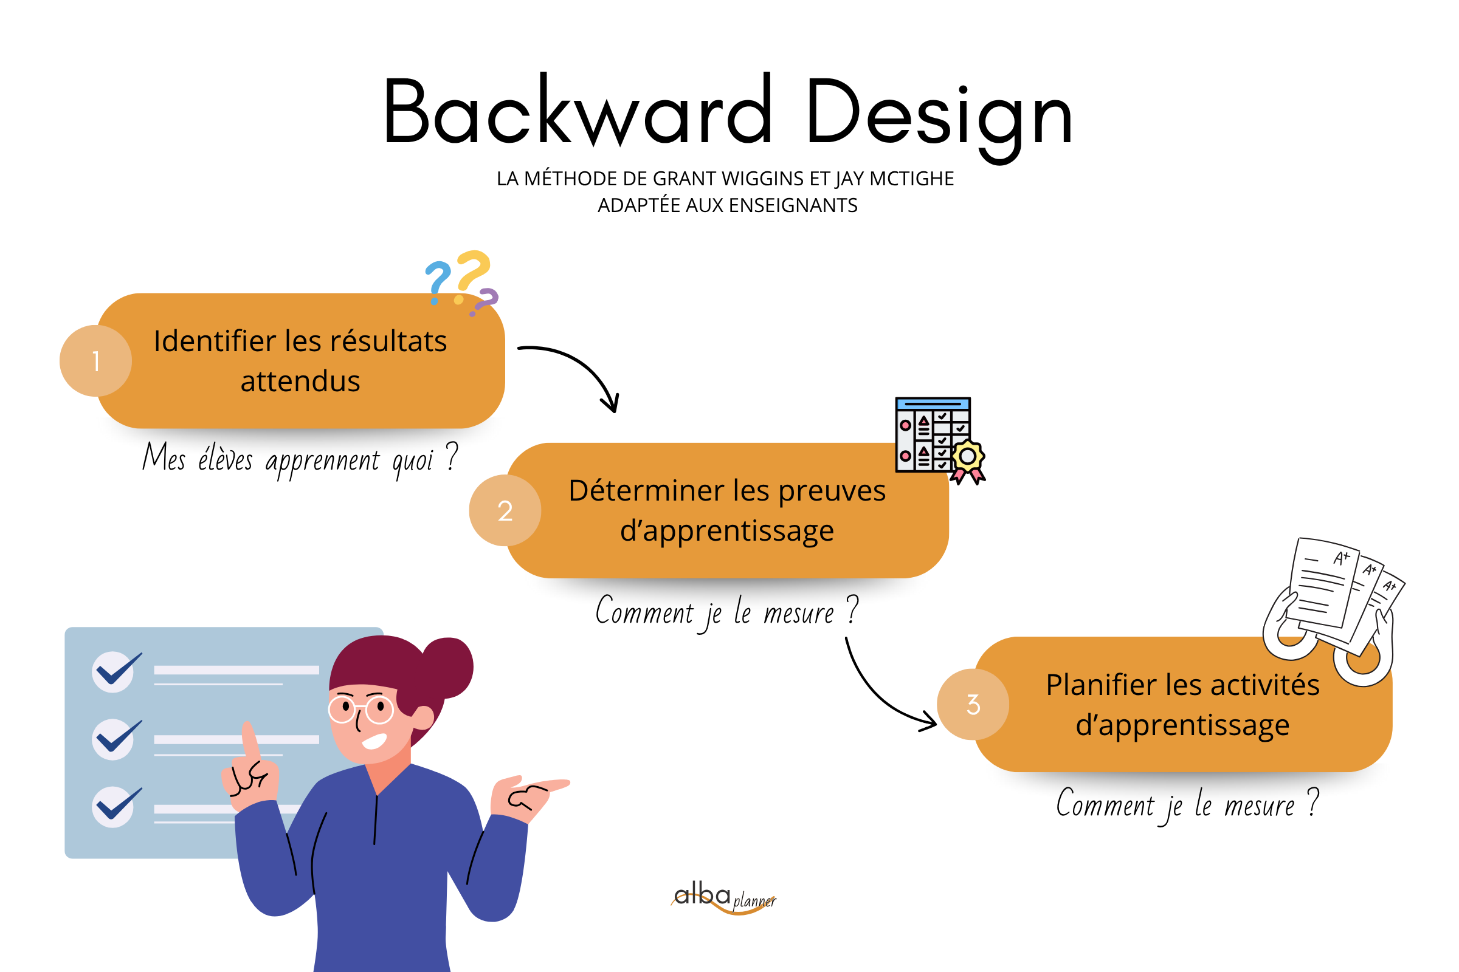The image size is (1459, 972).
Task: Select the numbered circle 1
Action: coord(95,361)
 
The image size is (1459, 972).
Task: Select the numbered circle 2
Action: coord(505,510)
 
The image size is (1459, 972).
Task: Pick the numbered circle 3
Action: coord(973,704)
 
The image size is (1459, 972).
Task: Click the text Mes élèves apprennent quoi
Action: coord(299,460)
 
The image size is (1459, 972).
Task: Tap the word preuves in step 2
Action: coord(831,490)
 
